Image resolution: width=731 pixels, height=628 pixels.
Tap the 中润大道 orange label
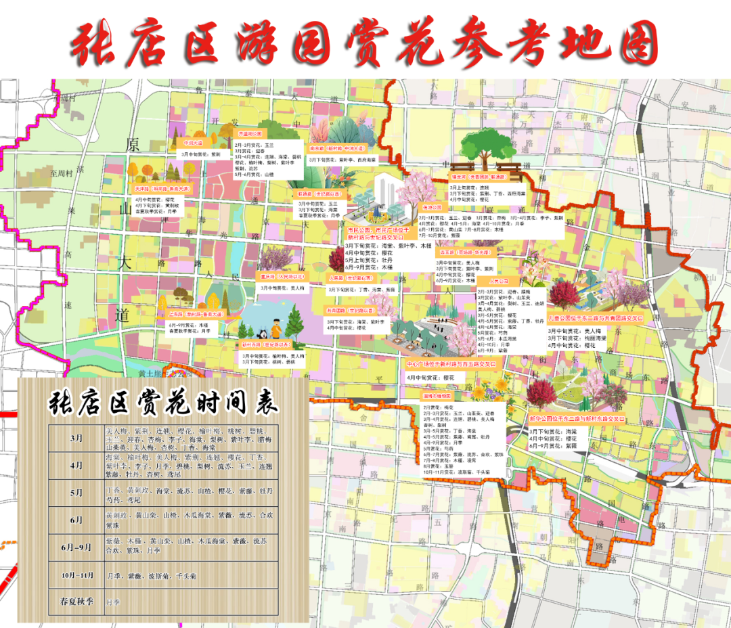(x=193, y=143)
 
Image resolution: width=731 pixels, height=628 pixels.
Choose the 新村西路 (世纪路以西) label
(x=265, y=344)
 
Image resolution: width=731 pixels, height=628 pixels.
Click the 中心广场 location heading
(x=451, y=363)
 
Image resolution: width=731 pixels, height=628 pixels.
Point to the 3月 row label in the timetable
(x=76, y=438)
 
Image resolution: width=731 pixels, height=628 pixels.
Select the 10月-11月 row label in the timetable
(x=76, y=575)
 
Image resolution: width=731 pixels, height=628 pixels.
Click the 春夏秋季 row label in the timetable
(x=76, y=601)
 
